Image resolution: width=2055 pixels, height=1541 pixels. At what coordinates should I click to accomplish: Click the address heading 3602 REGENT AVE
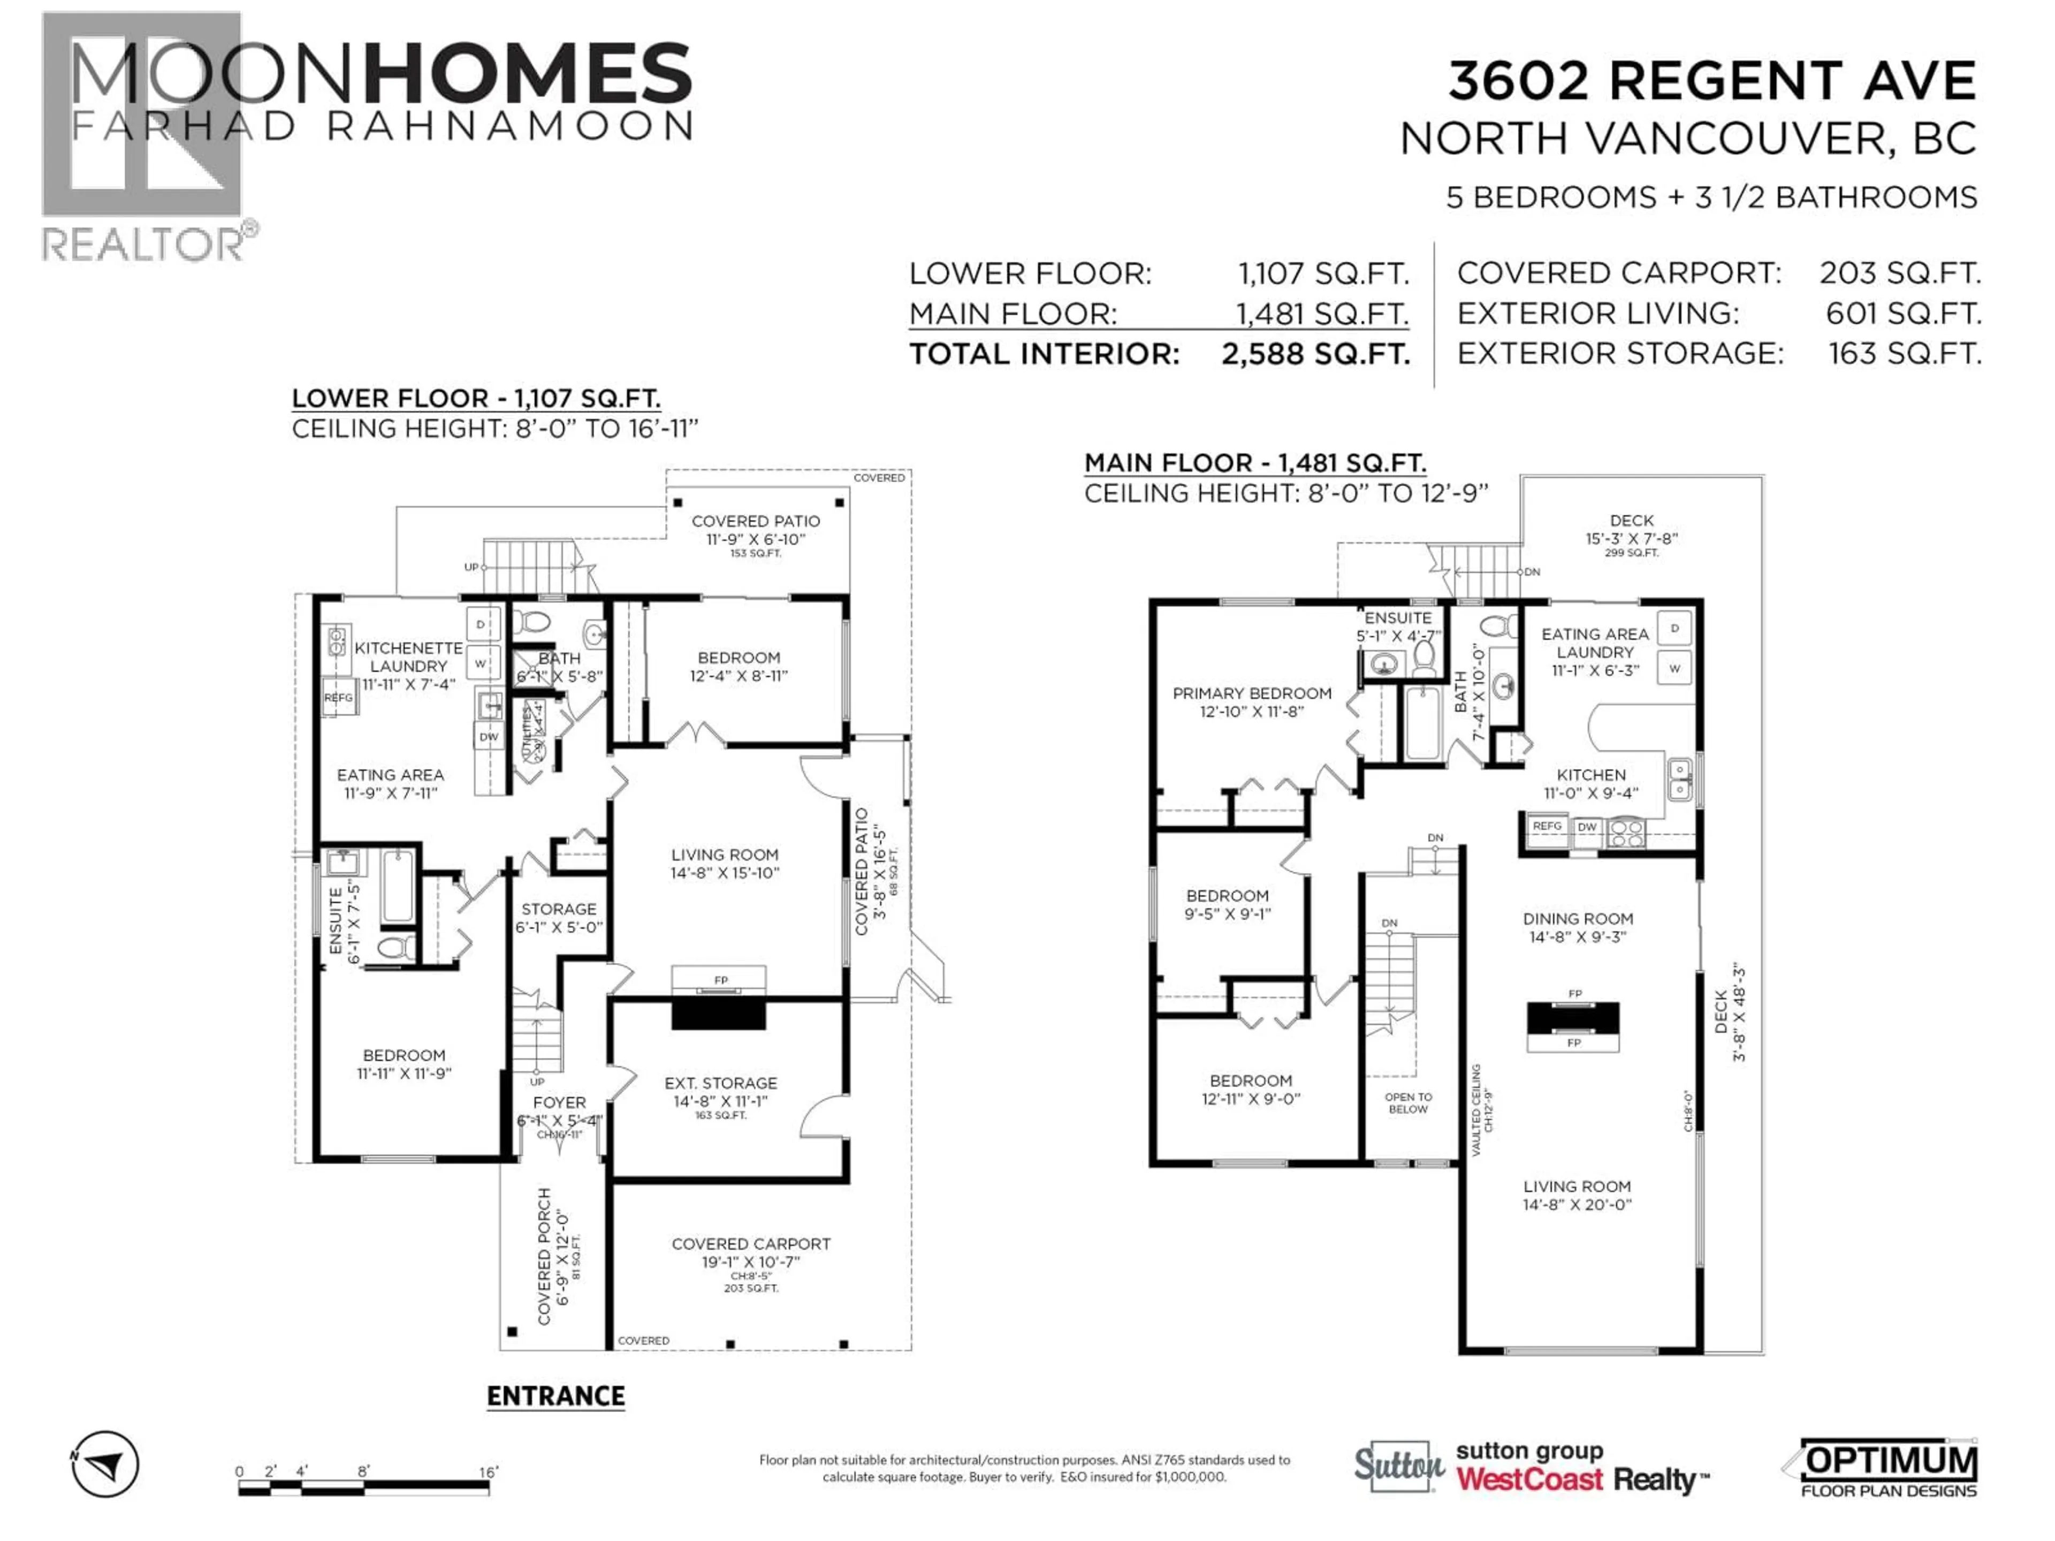click(1711, 82)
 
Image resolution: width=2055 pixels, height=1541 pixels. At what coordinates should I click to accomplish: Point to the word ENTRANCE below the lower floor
click(555, 1396)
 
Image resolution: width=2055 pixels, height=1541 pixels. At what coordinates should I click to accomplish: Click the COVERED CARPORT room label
click(751, 1244)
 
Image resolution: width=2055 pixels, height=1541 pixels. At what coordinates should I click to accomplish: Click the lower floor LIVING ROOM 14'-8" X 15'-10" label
click(725, 863)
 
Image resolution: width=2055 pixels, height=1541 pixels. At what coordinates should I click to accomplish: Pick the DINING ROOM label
click(1578, 919)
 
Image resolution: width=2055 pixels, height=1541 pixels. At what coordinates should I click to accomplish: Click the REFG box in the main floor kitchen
click(1547, 826)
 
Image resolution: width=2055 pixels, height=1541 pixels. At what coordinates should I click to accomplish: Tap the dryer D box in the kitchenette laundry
click(481, 624)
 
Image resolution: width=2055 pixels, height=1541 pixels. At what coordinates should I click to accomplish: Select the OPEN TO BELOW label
click(1409, 1103)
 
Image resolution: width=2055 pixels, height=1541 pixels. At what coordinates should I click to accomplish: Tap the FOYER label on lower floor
click(559, 1103)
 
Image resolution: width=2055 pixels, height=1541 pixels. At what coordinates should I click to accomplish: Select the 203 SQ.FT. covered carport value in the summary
click(1900, 273)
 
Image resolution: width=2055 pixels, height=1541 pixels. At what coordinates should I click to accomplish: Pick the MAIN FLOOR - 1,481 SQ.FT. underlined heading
click(1255, 463)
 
